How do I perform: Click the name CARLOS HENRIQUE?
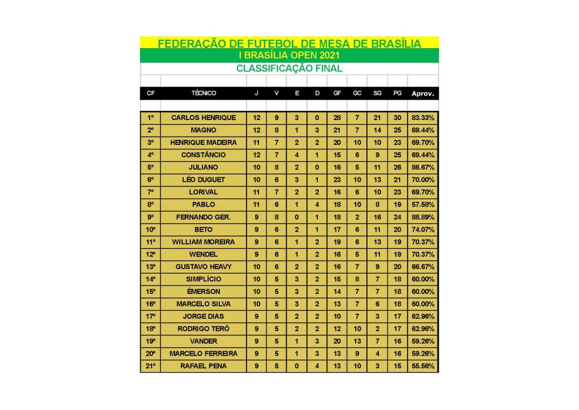[x=203, y=118]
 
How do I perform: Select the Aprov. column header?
[x=423, y=93]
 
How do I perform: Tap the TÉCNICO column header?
[x=204, y=93]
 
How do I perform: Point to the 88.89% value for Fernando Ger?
[x=423, y=217]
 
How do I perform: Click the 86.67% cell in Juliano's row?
[x=423, y=168]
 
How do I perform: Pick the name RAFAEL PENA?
[x=203, y=366]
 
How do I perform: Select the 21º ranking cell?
[x=150, y=366]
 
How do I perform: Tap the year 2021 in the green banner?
[x=329, y=55]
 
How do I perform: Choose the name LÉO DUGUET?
[x=203, y=180]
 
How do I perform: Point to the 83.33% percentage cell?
[x=423, y=118]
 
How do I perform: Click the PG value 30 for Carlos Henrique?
[x=397, y=118]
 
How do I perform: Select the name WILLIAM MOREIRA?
[x=203, y=242]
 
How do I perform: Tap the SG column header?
[x=377, y=93]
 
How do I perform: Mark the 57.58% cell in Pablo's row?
[x=423, y=204]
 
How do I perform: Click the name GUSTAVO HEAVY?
[x=203, y=267]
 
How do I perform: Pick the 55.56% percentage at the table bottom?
[x=423, y=366]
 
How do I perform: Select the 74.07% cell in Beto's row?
[x=423, y=229]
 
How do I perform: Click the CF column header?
[x=150, y=93]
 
